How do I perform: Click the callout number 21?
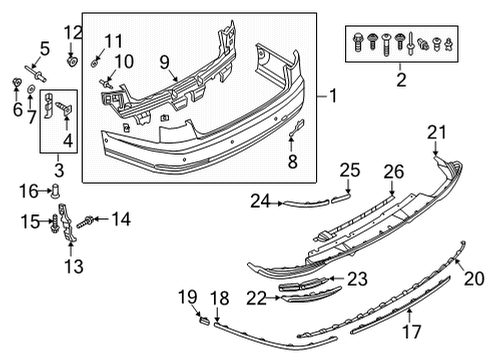pos(437,132)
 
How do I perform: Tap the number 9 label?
pos(164,62)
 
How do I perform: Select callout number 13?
pos(74,266)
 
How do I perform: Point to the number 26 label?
pos(394,172)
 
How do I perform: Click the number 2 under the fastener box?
pos(401,80)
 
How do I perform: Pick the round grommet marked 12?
pos(72,61)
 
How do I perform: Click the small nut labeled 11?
pos(95,62)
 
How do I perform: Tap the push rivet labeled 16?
pos(55,192)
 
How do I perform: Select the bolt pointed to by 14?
pos(84,222)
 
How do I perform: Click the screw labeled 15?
pos(54,224)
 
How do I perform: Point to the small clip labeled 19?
pos(204,321)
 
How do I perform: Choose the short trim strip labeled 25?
pos(340,199)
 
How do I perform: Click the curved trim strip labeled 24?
pos(306,203)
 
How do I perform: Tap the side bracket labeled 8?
pos(296,128)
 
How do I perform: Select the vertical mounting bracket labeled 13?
pos(69,222)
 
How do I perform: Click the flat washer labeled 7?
pos(31,89)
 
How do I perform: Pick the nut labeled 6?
pos(17,81)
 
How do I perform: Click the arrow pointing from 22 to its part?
pos(274,298)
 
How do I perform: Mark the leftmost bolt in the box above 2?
pos(357,42)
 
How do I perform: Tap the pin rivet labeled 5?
pos(35,73)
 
